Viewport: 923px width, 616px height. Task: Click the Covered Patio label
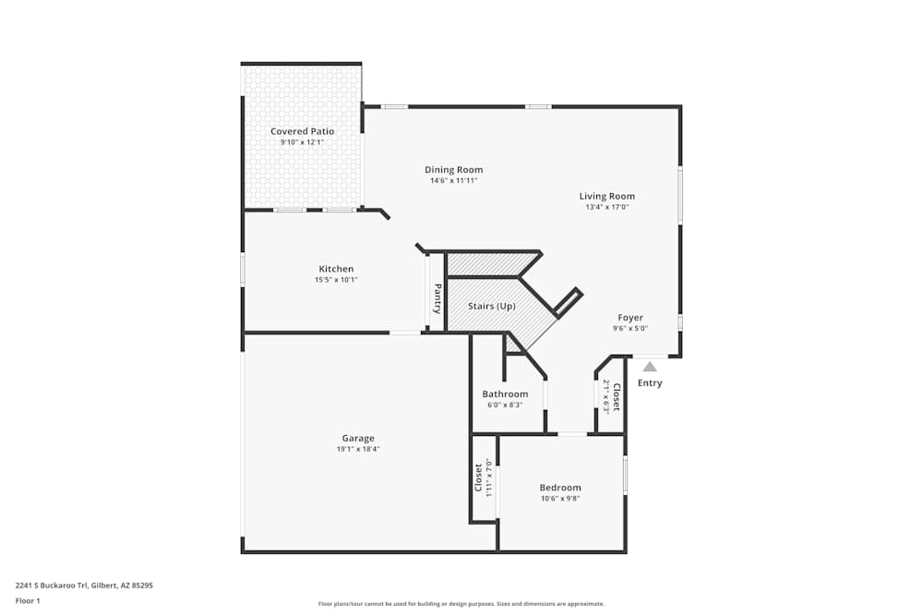(x=302, y=131)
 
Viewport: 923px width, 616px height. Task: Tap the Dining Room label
(x=453, y=169)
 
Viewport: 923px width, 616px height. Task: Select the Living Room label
(x=606, y=196)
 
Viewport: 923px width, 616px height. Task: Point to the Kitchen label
(x=336, y=269)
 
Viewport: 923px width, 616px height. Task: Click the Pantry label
(x=438, y=297)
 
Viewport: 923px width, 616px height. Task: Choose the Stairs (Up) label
(x=491, y=306)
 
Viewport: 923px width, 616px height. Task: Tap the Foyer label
(x=630, y=318)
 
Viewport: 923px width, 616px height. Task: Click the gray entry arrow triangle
(x=650, y=367)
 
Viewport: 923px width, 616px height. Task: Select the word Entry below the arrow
(x=650, y=383)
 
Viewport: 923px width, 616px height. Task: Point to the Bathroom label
(x=505, y=393)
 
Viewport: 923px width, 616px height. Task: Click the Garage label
(x=358, y=438)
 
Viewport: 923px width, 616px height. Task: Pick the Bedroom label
(x=560, y=488)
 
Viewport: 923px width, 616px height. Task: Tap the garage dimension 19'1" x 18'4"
(x=358, y=449)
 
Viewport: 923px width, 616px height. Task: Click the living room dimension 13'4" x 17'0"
(x=606, y=207)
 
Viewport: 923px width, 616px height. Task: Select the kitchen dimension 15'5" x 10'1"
(x=336, y=279)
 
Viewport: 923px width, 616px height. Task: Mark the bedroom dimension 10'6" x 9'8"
(x=560, y=499)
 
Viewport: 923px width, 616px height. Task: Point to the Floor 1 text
(x=28, y=600)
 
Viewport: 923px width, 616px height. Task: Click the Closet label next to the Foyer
(x=617, y=395)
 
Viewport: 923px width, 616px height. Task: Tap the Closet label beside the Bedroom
(x=478, y=477)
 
